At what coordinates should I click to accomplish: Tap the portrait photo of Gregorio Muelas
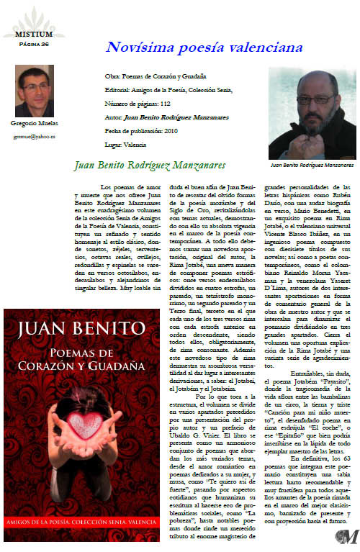[x=34, y=91]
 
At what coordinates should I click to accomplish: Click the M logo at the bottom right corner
[x=348, y=535]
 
